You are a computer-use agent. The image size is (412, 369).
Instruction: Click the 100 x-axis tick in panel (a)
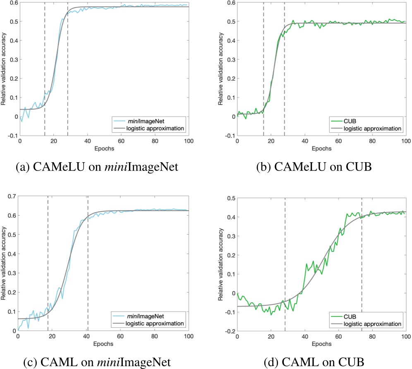188,141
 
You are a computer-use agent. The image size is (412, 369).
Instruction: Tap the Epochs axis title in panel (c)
104,344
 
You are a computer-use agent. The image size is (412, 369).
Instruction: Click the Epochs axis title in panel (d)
321,344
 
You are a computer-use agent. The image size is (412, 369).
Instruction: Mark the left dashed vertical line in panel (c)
48,248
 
